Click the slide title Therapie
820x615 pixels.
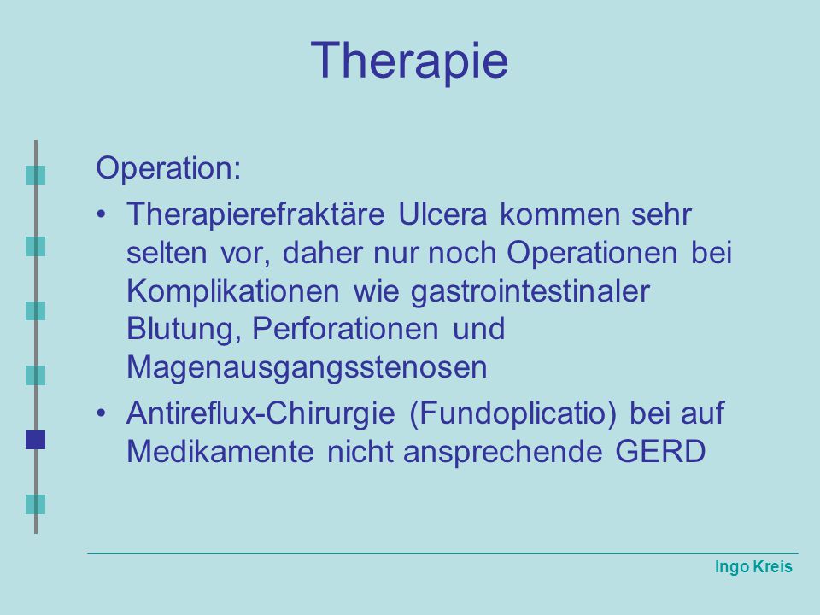[409, 61]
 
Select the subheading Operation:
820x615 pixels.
[168, 168]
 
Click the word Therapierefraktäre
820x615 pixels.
[255, 214]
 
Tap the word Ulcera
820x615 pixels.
[442, 214]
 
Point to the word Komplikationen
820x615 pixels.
[233, 292]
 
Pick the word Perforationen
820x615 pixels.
[346, 330]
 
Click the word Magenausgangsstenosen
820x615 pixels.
[307, 368]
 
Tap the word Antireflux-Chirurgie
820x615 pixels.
[261, 413]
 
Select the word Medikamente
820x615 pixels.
[220, 451]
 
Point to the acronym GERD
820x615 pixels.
[660, 451]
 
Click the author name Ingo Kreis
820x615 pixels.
[753, 566]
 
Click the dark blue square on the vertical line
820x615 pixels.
[36, 440]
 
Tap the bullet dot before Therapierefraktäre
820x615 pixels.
[102, 214]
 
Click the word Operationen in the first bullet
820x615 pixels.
[592, 254]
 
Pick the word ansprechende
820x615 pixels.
[502, 453]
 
